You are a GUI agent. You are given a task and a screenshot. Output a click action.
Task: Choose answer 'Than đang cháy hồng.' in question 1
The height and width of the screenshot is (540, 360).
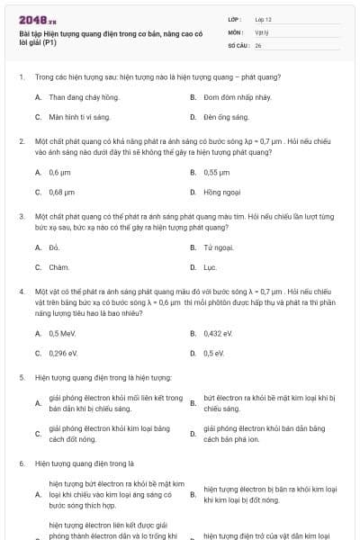(x=84, y=96)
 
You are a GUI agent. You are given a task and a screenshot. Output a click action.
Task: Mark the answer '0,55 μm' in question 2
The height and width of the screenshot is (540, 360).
(x=217, y=172)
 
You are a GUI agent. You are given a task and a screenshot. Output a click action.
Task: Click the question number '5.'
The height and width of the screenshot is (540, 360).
(x=22, y=377)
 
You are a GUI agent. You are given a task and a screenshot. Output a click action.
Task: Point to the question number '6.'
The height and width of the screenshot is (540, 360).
(x=22, y=463)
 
